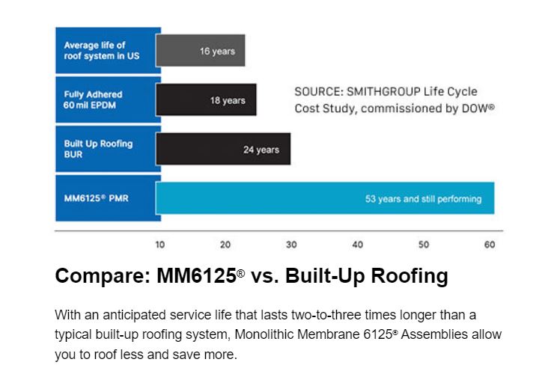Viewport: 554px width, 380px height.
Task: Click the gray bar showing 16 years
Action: (x=200, y=52)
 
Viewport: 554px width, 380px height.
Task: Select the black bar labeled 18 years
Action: (x=206, y=100)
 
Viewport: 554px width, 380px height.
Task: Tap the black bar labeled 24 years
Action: (x=223, y=150)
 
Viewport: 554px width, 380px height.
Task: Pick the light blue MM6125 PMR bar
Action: (x=325, y=199)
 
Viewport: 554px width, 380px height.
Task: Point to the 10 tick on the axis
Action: (x=159, y=245)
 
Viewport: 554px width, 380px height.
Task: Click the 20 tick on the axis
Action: (x=225, y=245)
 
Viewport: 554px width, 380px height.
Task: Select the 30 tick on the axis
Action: (x=291, y=245)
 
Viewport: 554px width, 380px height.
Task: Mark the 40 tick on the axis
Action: (x=358, y=245)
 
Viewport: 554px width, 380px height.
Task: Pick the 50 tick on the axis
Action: (x=424, y=245)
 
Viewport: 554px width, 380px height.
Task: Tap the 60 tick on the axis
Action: (x=490, y=245)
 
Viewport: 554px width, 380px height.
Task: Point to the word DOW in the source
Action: (x=477, y=108)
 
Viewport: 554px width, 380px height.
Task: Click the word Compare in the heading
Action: (x=101, y=277)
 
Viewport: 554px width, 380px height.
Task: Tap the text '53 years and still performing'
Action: (x=423, y=199)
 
